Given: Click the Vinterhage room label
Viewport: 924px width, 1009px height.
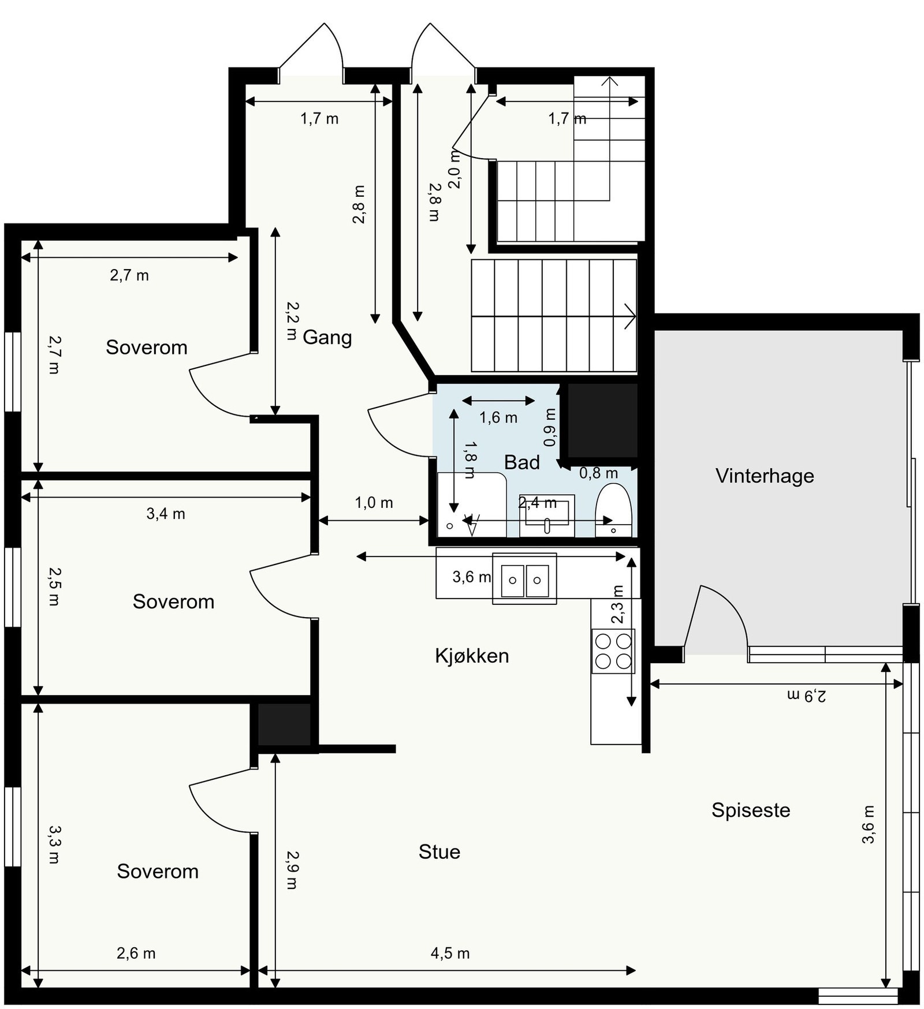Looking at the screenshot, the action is pyautogui.click(x=765, y=476).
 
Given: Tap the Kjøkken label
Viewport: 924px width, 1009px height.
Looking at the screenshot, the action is pyautogui.click(x=472, y=656).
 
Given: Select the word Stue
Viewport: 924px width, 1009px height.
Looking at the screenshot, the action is pyautogui.click(x=439, y=852).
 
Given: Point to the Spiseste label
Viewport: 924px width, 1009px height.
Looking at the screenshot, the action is pyautogui.click(x=751, y=810).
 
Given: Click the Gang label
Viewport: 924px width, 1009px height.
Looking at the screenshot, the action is pyautogui.click(x=327, y=337).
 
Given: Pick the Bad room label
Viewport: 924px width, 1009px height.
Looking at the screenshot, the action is pyautogui.click(x=522, y=462).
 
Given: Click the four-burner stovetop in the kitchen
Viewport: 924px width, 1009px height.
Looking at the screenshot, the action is pyautogui.click(x=613, y=651).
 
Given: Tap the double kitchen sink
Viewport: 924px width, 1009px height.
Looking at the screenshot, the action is pyautogui.click(x=524, y=579).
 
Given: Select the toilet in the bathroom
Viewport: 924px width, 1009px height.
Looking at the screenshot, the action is pyautogui.click(x=613, y=510).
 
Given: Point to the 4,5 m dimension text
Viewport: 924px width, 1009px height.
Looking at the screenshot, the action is pyautogui.click(x=450, y=953).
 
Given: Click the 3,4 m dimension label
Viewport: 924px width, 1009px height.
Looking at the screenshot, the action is pyautogui.click(x=166, y=514).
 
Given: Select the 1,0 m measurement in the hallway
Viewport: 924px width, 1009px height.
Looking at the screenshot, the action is pyautogui.click(x=374, y=503).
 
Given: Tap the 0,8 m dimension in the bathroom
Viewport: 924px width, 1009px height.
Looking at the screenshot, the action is pyautogui.click(x=598, y=473).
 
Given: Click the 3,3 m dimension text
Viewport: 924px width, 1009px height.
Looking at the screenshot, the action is pyautogui.click(x=54, y=844).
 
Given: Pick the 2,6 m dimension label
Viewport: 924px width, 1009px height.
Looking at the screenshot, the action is pyautogui.click(x=136, y=953).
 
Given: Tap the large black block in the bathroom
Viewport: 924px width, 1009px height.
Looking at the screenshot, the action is pyautogui.click(x=602, y=421).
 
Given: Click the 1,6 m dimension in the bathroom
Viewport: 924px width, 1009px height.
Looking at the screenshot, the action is pyautogui.click(x=498, y=417).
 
